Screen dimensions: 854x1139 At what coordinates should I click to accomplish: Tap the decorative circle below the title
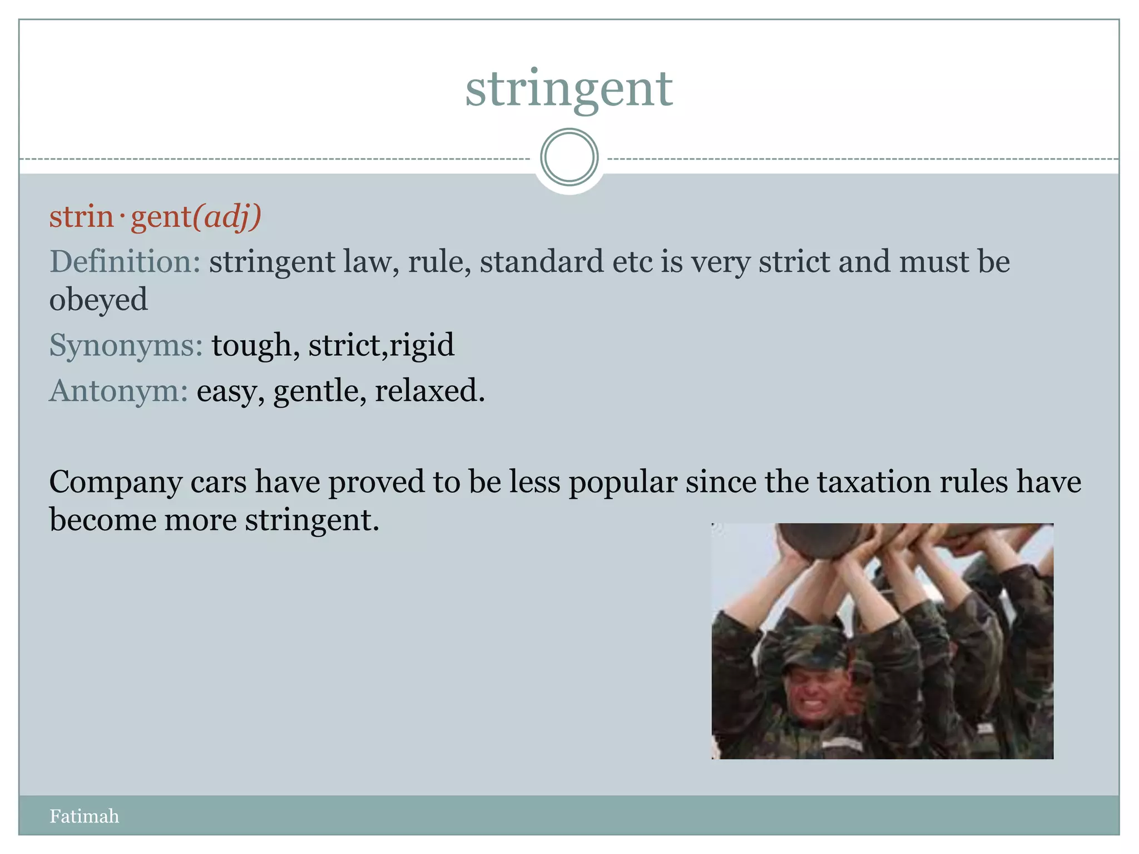[569, 157]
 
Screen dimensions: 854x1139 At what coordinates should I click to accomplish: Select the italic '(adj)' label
[227, 216]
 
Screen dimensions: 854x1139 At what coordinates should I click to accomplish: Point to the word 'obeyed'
[98, 300]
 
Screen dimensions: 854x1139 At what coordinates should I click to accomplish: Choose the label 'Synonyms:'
[126, 346]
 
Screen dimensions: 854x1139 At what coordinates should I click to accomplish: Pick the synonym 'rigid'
[422, 346]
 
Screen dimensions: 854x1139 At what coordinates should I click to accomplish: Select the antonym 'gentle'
[319, 391]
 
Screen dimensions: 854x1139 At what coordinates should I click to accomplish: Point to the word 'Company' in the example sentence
[115, 483]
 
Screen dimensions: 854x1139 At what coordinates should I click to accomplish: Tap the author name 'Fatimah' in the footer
[84, 816]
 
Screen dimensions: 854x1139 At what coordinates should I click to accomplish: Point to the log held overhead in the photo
[823, 539]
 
